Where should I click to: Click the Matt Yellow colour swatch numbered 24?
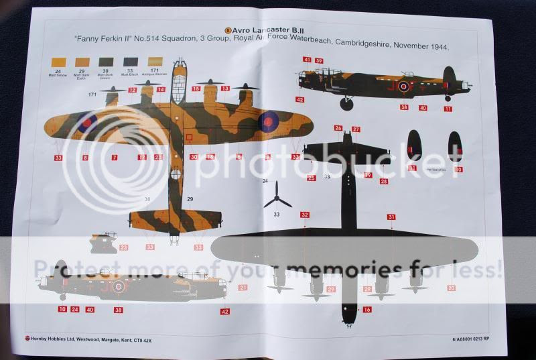click(x=59, y=62)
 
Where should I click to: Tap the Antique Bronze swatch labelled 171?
click(x=155, y=61)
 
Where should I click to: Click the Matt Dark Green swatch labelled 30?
click(x=106, y=62)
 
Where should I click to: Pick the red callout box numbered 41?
click(x=306, y=60)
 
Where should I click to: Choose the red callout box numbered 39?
click(x=319, y=60)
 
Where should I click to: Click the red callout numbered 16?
click(x=366, y=309)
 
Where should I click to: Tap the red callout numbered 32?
click(x=305, y=215)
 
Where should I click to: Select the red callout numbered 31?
click(x=391, y=217)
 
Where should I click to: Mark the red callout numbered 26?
click(x=338, y=128)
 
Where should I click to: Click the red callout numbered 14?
click(x=161, y=89)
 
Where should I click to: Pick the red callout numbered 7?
click(x=115, y=158)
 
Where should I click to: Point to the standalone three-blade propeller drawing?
click(x=277, y=200)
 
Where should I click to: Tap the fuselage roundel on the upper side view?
click(x=403, y=86)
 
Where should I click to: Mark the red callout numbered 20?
click(x=451, y=288)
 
